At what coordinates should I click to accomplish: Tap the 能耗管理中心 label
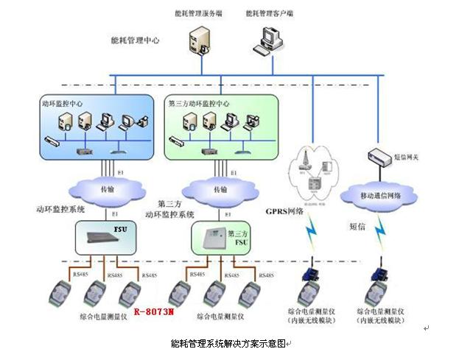(x=134, y=41)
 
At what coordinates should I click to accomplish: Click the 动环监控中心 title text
(x=62, y=105)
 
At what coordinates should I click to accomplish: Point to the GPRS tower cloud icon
(x=309, y=170)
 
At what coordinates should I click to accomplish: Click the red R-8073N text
(x=154, y=312)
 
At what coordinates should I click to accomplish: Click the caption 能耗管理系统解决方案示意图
(x=228, y=343)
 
